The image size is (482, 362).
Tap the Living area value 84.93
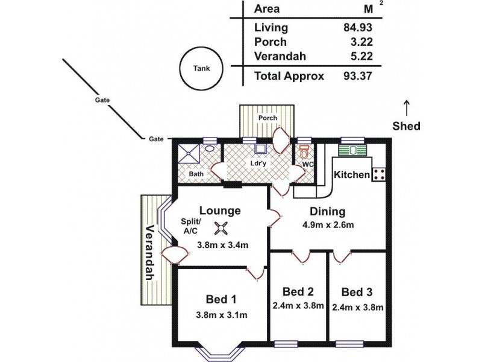click(357, 27)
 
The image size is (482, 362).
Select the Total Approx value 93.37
click(357, 76)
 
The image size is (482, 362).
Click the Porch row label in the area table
click(271, 42)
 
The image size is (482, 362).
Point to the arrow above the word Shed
click(407, 108)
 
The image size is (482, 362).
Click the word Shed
click(407, 127)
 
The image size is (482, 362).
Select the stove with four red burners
click(380, 174)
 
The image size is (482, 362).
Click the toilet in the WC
click(304, 150)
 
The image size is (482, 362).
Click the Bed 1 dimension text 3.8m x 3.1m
click(222, 315)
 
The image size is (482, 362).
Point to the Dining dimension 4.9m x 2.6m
click(327, 226)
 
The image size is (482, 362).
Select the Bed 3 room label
click(357, 293)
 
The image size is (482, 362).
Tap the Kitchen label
click(352, 174)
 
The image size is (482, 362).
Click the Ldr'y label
click(259, 163)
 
